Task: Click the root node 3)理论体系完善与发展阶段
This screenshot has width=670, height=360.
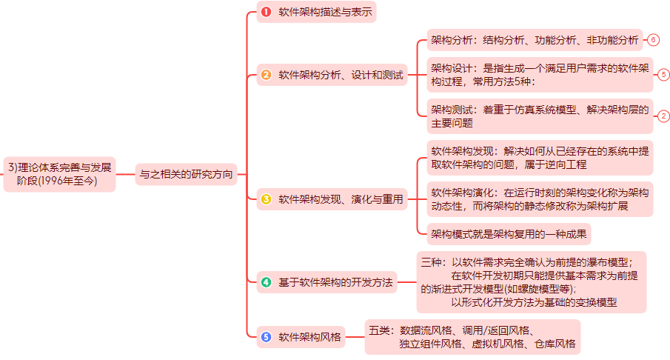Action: tap(58, 173)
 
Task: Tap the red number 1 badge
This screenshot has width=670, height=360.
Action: tap(267, 12)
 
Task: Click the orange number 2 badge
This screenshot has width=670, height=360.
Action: tap(267, 75)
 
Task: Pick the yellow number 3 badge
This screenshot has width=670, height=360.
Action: tap(267, 199)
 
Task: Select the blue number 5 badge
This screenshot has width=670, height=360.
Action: tap(267, 337)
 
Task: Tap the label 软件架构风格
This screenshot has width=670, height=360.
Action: tap(309, 337)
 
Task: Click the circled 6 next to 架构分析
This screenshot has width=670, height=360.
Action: tap(653, 39)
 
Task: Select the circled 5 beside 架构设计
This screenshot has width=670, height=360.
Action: tap(663, 75)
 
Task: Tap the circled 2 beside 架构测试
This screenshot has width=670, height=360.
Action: tap(663, 116)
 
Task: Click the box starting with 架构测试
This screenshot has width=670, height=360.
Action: tap(540, 116)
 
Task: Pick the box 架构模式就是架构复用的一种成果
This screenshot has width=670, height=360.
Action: tap(509, 234)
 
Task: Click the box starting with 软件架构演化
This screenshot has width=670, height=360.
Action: tap(540, 199)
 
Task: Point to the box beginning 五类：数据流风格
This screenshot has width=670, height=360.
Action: tap(472, 336)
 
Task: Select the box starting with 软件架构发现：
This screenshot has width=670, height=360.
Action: tap(540, 157)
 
